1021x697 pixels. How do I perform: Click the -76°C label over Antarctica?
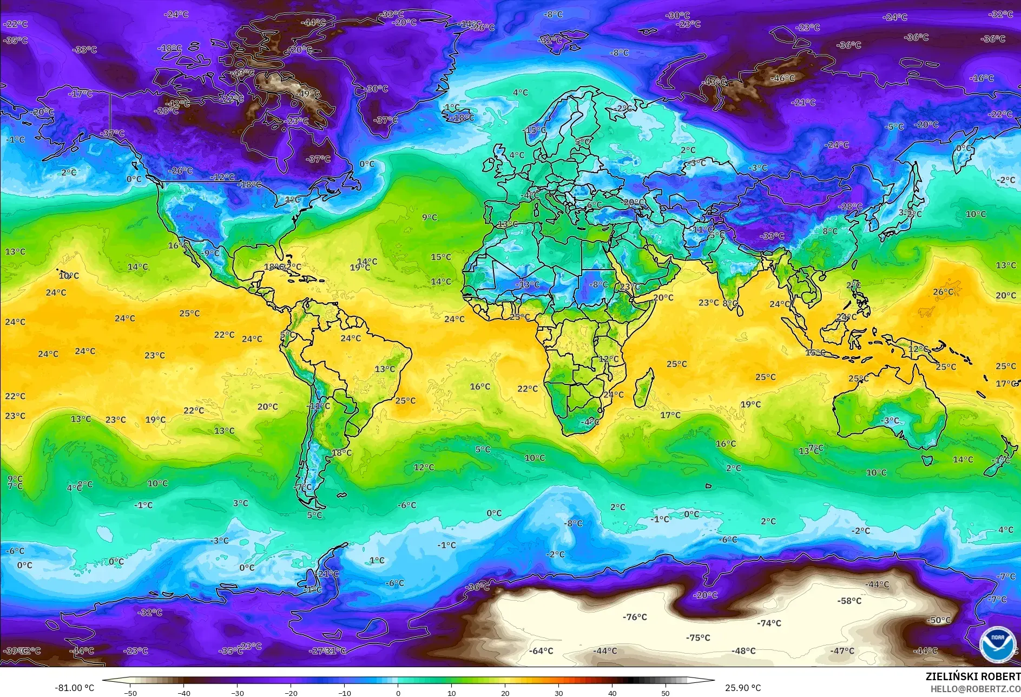[x=635, y=617]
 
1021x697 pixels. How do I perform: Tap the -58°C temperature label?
[x=849, y=601]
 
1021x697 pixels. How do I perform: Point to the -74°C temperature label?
[x=769, y=623]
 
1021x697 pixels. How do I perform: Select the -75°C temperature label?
[x=698, y=637]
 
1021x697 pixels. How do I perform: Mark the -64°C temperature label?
[x=541, y=651]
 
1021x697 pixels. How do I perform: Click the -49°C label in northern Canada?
[x=308, y=94]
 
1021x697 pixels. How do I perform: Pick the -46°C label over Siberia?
[x=782, y=79]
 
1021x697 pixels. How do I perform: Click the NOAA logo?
[x=997, y=644]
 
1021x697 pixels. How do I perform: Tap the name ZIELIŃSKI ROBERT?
[x=972, y=676]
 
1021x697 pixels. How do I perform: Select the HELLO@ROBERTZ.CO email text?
[x=975, y=689]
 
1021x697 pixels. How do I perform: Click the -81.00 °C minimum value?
[x=74, y=688]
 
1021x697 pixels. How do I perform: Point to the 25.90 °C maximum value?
[x=743, y=688]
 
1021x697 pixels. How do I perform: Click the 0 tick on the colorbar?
[x=398, y=693]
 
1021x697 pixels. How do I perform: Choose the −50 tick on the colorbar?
[x=130, y=693]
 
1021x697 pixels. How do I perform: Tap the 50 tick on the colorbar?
[x=666, y=693]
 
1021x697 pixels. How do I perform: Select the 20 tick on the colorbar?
[x=505, y=693]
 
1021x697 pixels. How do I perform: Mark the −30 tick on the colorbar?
[x=237, y=693]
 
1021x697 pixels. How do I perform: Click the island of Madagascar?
[x=643, y=388]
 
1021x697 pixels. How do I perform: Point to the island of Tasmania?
[x=927, y=460]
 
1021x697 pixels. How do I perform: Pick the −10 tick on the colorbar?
[x=344, y=693]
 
